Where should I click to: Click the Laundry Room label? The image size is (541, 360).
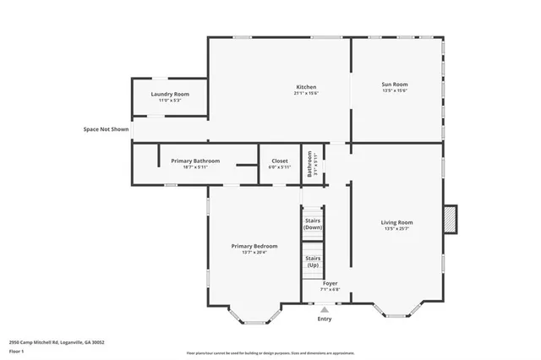(170, 94)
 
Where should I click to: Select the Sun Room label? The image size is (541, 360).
(395, 84)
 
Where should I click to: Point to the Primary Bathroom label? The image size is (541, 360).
(195, 161)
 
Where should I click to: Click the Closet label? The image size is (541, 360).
(279, 161)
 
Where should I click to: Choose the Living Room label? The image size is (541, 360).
(396, 222)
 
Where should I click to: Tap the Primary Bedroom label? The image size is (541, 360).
(254, 246)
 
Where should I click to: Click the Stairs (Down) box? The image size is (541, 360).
(313, 224)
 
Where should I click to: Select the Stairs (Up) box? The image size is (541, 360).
(313, 261)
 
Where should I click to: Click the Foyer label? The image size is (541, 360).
(330, 283)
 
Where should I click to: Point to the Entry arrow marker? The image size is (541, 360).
(325, 309)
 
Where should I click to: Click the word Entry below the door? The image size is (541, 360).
(325, 319)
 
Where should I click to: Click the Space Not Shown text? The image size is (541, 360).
(106, 129)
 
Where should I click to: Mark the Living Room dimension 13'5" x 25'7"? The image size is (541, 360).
(396, 229)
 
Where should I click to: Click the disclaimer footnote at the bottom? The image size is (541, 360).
(270, 353)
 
